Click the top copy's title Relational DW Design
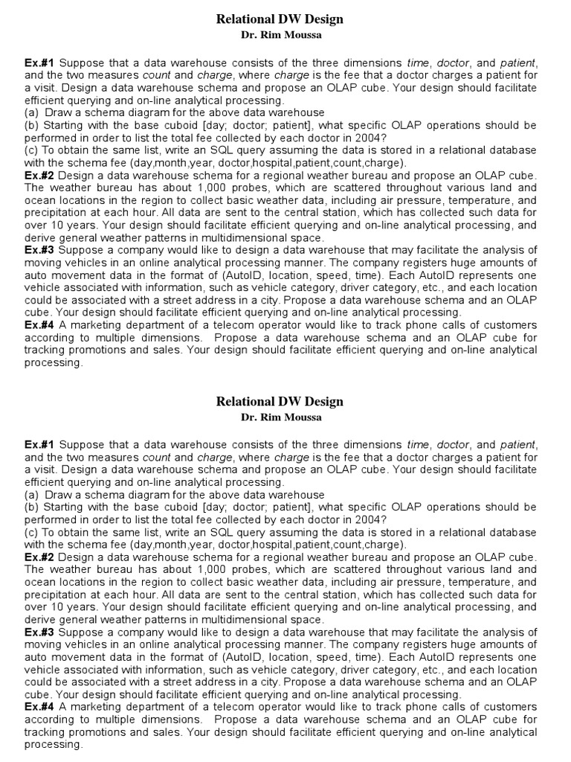point(280,19)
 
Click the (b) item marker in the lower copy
point(31,506)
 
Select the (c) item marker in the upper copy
point(31,150)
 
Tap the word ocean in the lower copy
point(41,582)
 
